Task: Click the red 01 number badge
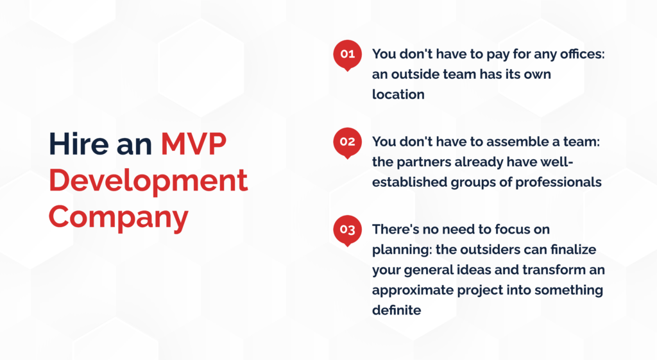click(347, 55)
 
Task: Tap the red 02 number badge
click(347, 142)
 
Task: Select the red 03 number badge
click(347, 230)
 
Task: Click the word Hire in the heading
click(79, 144)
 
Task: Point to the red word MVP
click(194, 144)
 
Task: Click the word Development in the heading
click(148, 180)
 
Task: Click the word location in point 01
click(398, 94)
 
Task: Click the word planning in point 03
click(402, 250)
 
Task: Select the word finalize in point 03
click(573, 250)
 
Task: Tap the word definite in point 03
click(397, 310)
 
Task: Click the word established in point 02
click(409, 182)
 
